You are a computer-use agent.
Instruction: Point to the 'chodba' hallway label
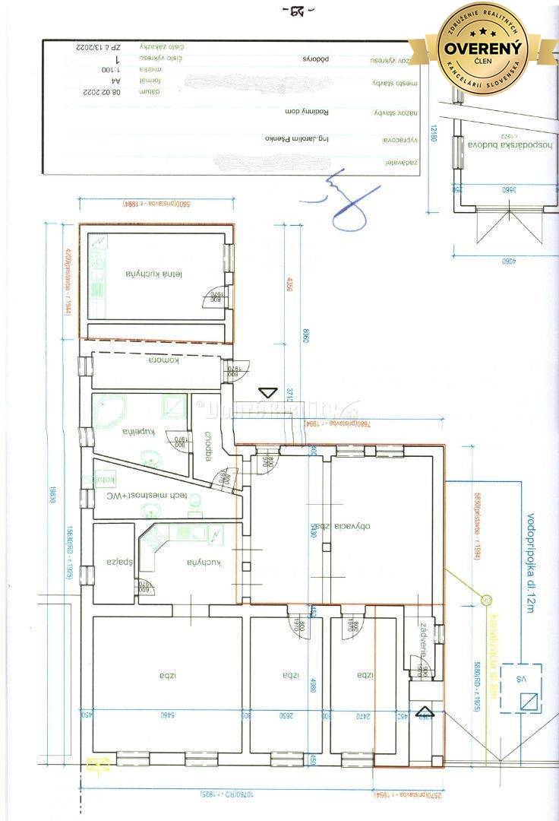tap(208, 446)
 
